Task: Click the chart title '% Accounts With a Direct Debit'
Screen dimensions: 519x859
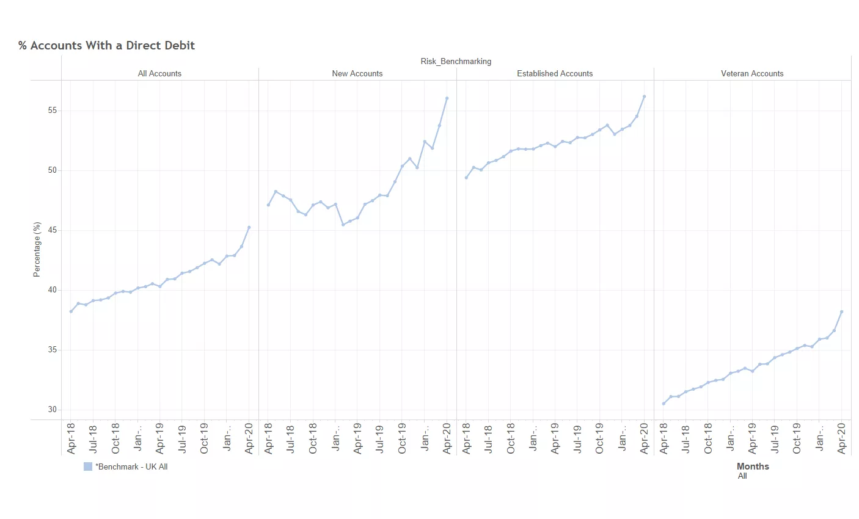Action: pyautogui.click(x=107, y=46)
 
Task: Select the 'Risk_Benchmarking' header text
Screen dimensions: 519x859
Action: pyautogui.click(x=456, y=62)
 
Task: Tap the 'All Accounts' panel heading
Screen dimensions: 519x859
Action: pyautogui.click(x=159, y=74)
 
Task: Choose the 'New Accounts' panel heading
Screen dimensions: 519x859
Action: pyautogui.click(x=357, y=74)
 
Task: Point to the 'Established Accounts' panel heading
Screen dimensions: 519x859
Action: pyautogui.click(x=555, y=74)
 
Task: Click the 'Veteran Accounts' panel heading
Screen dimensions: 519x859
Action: pyautogui.click(x=752, y=74)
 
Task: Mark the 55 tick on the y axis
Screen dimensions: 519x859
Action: pyautogui.click(x=52, y=111)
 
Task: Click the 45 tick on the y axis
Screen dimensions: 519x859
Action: pyautogui.click(x=52, y=230)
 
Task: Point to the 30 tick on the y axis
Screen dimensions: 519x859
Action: pyautogui.click(x=52, y=410)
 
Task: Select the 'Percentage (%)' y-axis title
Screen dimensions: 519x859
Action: pyautogui.click(x=37, y=250)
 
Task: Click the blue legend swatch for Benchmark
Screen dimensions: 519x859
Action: pyautogui.click(x=88, y=466)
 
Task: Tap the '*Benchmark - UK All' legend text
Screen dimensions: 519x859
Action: pyautogui.click(x=131, y=467)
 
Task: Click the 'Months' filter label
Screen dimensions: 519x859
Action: pyautogui.click(x=753, y=466)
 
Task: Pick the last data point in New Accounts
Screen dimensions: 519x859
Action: pyautogui.click(x=447, y=98)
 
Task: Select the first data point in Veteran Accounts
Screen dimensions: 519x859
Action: pyautogui.click(x=663, y=404)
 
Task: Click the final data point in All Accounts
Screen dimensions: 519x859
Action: pyautogui.click(x=249, y=227)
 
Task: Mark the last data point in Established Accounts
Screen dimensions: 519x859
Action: pyautogui.click(x=645, y=96)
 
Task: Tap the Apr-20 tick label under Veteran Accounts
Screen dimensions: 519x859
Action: pyautogui.click(x=842, y=438)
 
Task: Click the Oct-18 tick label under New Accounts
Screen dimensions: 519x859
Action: pyautogui.click(x=313, y=438)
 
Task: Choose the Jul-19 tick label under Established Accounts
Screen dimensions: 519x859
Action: pyautogui.click(x=577, y=438)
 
